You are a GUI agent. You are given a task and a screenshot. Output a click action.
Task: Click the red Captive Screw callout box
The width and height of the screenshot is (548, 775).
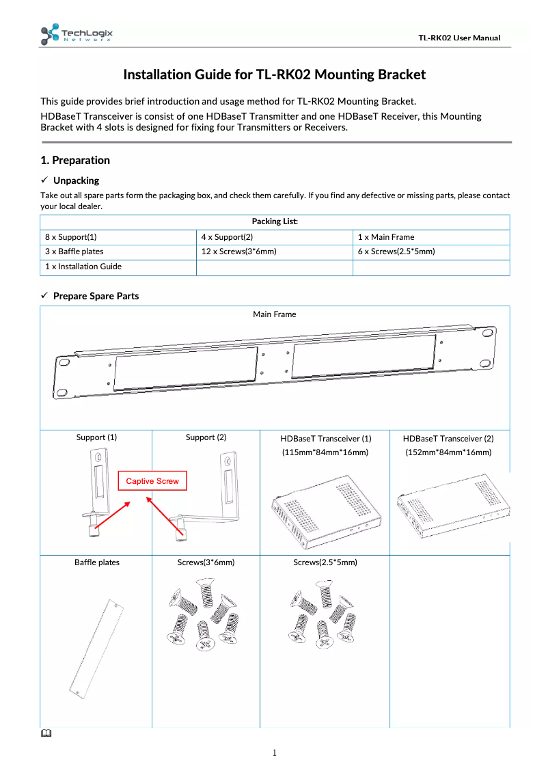click(152, 481)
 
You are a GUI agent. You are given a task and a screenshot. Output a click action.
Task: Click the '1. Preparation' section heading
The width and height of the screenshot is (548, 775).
click(75, 161)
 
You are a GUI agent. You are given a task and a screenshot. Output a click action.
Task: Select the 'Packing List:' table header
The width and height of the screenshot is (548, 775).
click(275, 221)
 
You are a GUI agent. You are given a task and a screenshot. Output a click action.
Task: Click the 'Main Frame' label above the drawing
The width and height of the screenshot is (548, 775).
click(275, 314)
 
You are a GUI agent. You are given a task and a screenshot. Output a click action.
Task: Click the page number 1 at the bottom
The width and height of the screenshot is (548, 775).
click(275, 753)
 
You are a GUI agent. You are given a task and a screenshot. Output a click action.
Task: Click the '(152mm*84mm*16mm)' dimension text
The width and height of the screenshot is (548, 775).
click(448, 452)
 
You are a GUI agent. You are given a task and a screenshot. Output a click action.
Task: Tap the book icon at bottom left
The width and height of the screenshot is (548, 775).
click(45, 734)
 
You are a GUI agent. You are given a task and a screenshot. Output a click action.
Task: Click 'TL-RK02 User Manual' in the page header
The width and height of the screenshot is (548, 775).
click(459, 38)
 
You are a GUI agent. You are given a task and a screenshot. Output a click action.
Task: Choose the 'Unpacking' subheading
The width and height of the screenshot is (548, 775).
click(76, 180)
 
